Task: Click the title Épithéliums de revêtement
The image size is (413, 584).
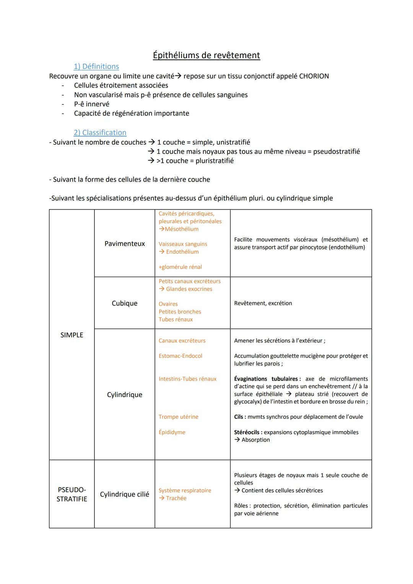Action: (206, 55)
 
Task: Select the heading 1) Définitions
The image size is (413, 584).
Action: (96, 67)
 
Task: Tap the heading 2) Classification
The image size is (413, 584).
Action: (100, 133)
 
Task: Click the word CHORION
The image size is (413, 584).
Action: (314, 76)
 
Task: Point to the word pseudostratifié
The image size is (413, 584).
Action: (337, 151)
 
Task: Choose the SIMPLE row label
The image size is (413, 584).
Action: (72, 335)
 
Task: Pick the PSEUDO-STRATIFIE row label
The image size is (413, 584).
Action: (72, 494)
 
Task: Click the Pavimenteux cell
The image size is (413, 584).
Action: (125, 243)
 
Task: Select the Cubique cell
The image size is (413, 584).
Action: (125, 303)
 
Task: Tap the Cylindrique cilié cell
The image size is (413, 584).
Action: (125, 494)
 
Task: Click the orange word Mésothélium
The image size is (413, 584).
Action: (182, 229)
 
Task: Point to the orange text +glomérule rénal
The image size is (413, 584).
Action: (180, 267)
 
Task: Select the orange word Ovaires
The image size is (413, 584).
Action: (168, 304)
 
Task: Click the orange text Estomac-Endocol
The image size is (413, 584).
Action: (180, 356)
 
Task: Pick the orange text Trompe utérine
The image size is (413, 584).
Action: (179, 417)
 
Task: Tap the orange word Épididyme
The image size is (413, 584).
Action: (172, 432)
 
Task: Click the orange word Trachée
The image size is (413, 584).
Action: (176, 498)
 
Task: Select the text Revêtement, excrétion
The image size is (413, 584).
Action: (263, 303)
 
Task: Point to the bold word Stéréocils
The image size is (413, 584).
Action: (247, 432)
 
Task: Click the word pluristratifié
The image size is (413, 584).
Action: (215, 161)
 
